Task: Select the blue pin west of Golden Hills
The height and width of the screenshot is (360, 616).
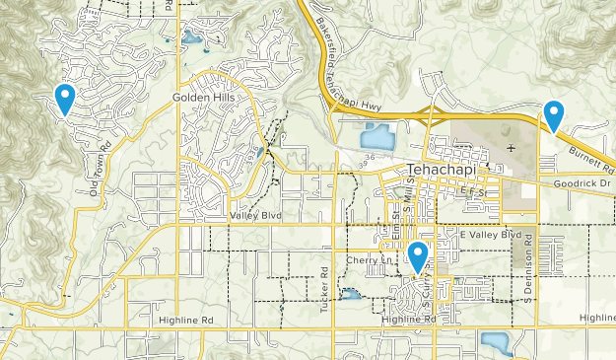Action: coord(65,99)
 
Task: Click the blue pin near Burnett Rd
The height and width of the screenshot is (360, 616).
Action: coord(554,115)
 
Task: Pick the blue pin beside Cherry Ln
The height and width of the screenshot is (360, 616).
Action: coord(418,256)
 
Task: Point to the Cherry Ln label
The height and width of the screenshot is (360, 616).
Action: coord(370,259)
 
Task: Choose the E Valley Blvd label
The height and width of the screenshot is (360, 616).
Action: coord(490,235)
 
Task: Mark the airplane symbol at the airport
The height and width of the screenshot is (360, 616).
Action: coord(510,148)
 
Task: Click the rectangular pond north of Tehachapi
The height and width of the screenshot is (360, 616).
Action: coord(378,136)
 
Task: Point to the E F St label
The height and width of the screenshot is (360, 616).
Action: coord(475,194)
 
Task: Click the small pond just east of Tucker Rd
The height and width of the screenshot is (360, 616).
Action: coord(350,294)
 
